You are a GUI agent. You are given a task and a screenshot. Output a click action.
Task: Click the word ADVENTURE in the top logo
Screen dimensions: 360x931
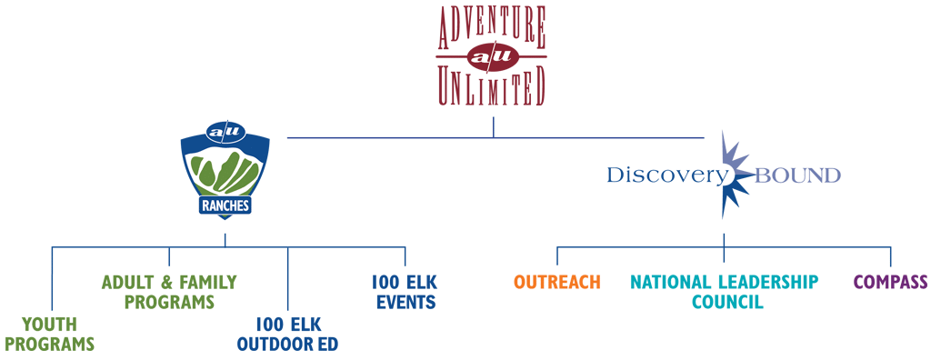[x=492, y=28]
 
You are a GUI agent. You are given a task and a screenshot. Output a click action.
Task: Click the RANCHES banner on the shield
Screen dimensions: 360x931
[x=225, y=205]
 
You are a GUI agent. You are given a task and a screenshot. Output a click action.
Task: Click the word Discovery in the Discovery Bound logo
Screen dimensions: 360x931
[x=666, y=175]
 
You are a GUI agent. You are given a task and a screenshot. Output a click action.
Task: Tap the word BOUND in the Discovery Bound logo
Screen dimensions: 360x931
[x=800, y=175]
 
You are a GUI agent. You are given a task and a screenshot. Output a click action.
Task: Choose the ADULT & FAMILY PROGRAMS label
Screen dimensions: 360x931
[x=169, y=291]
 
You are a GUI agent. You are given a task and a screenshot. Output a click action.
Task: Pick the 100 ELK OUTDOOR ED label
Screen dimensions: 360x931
[x=286, y=333]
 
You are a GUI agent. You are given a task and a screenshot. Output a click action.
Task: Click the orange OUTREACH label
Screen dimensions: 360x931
[x=556, y=282]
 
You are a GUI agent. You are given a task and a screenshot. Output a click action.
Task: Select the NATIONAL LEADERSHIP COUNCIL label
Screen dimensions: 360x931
[x=724, y=291]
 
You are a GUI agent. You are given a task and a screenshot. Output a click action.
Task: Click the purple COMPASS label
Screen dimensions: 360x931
[x=890, y=282]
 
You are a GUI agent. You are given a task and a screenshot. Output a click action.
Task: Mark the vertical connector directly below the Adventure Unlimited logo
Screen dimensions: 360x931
[x=494, y=126]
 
